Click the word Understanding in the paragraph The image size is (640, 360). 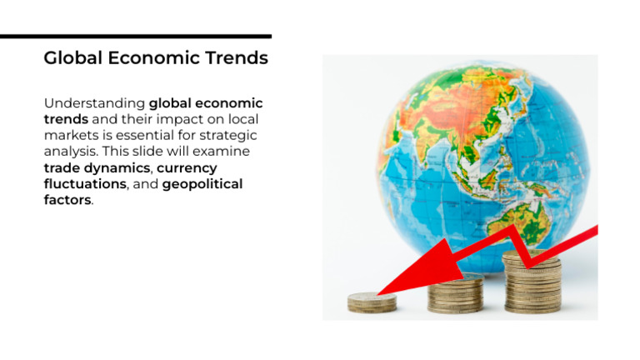[94, 103]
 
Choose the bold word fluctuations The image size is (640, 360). [84, 183]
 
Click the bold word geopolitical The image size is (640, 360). [202, 183]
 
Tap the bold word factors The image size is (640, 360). [67, 200]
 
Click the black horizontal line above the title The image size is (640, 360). [135, 37]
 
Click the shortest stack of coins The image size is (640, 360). [372, 302]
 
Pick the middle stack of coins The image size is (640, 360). [455, 295]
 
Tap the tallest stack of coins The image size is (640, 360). [532, 283]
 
